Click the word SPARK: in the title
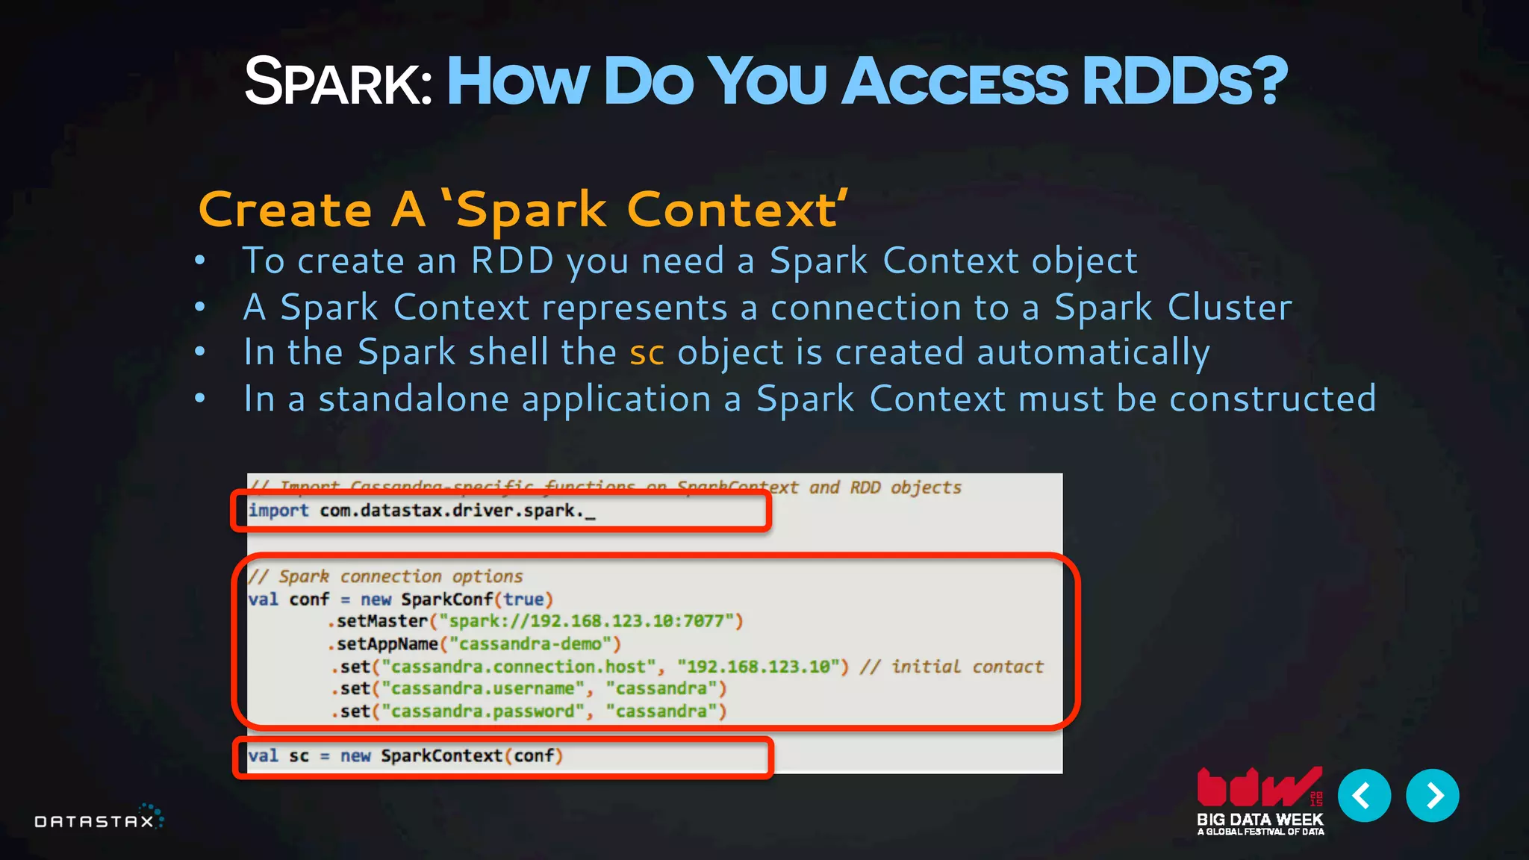tap(337, 82)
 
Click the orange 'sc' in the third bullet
tap(647, 353)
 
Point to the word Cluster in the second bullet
tap(1229, 308)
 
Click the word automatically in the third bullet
tap(1093, 353)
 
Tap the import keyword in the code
tap(278, 511)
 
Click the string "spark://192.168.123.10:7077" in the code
tap(590, 621)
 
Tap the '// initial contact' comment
tap(951, 667)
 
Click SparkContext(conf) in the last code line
tap(471, 755)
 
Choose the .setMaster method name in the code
tap(379, 621)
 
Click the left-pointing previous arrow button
tap(1364, 796)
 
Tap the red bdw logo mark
tap(1259, 788)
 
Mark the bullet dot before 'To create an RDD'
tap(200, 261)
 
